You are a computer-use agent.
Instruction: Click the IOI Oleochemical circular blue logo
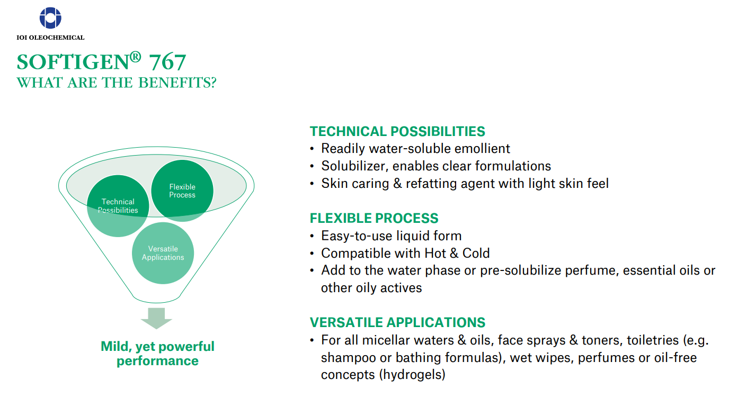tap(50, 18)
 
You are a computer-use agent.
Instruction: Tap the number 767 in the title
tap(167, 62)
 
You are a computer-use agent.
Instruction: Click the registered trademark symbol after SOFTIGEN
tap(135, 57)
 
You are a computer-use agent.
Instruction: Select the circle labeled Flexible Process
tap(182, 191)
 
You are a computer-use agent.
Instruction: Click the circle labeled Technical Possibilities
tap(118, 206)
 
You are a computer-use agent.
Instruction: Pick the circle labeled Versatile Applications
tap(163, 253)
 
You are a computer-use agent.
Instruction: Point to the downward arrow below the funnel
tap(156, 318)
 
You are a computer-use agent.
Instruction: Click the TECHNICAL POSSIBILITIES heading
tap(397, 131)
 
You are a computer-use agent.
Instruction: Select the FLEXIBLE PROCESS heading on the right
tap(374, 218)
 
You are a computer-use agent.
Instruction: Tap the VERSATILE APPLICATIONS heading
tap(398, 322)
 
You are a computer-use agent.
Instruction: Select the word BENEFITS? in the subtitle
tap(177, 83)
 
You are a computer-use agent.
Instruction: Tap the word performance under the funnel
tap(157, 361)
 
